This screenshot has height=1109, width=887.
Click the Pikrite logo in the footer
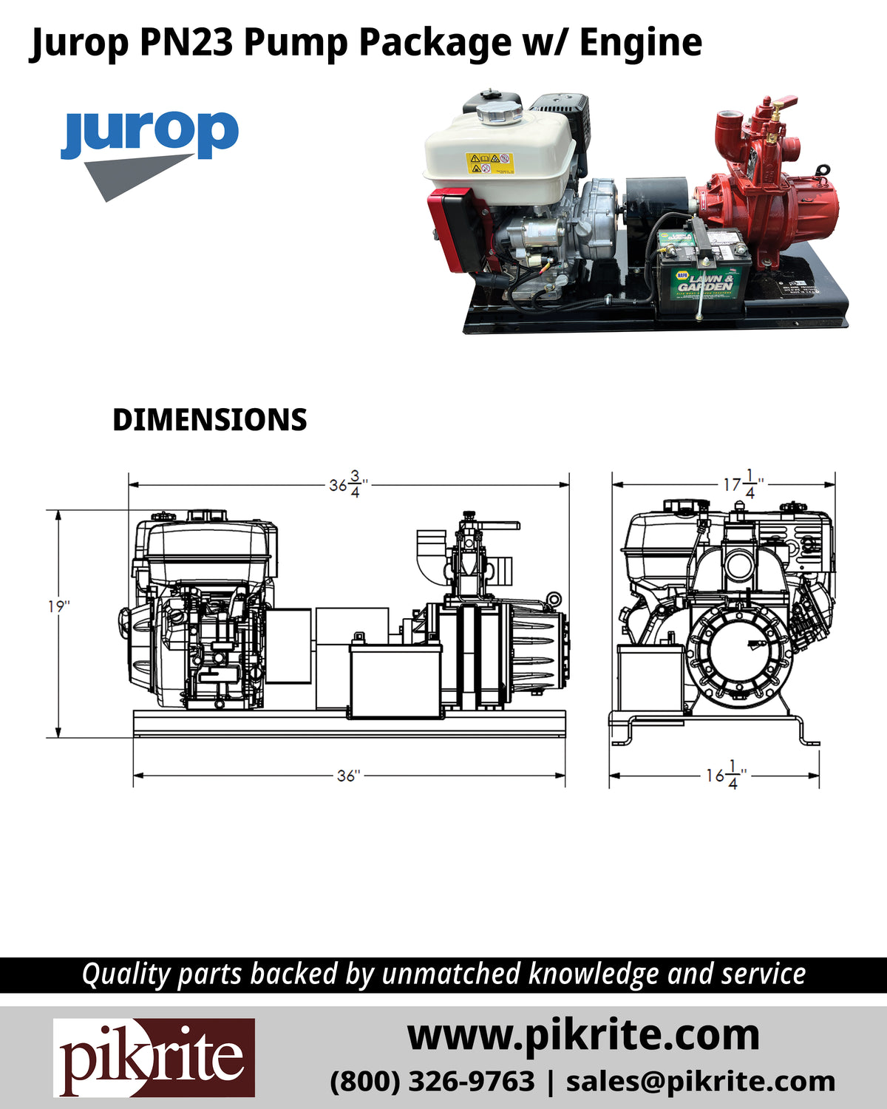click(154, 1057)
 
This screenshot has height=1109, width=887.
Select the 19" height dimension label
click(58, 606)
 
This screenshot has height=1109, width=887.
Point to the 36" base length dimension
click(347, 776)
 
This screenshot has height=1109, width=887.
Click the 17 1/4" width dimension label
click(743, 484)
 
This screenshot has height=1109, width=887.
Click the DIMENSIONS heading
click(209, 420)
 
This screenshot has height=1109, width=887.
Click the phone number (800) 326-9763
click(432, 1081)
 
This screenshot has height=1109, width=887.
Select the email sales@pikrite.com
click(700, 1081)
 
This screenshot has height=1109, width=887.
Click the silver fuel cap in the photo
click(499, 113)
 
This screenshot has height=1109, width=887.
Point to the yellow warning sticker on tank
click(489, 163)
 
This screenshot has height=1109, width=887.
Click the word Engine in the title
click(640, 42)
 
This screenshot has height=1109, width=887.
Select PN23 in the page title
click(188, 42)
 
